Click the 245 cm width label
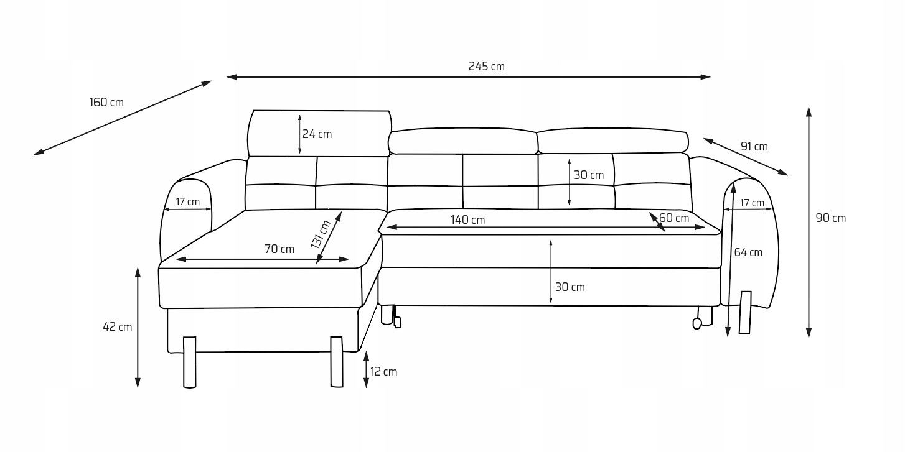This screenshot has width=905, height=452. tap(486, 67)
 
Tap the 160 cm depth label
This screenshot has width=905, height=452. tap(106, 103)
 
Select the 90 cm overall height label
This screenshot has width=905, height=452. tap(830, 218)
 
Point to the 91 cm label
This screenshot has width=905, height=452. tap(754, 147)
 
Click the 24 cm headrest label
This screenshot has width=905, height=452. tap(317, 134)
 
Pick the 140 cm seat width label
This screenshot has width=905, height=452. tap(467, 220)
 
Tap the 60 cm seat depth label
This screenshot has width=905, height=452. tap(674, 218)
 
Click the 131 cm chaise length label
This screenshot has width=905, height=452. tap(321, 234)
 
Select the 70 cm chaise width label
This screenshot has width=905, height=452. tap(279, 249)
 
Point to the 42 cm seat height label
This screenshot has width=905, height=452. tap(117, 327)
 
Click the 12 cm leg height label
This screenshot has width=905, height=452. tap(383, 372)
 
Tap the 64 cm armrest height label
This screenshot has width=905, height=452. tap(748, 252)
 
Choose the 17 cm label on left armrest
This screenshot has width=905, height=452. tap(187, 202)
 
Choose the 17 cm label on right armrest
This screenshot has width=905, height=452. tap(752, 203)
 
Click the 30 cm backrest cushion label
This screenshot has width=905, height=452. tap(589, 175)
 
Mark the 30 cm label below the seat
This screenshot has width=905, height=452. tap(570, 287)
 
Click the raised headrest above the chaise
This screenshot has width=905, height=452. tap(319, 133)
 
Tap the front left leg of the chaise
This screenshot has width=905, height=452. tap(189, 362)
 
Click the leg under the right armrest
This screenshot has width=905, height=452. tap(745, 311)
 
